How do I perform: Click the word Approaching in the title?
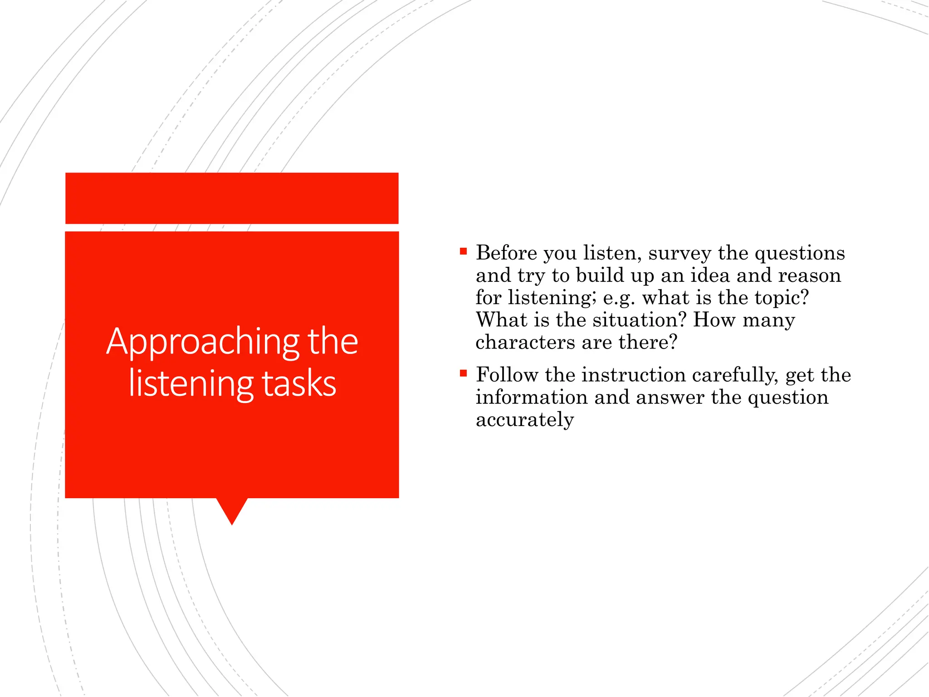pyautogui.click(x=203, y=342)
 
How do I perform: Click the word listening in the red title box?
pyautogui.click(x=191, y=384)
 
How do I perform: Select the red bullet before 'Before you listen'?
pyautogui.click(x=463, y=251)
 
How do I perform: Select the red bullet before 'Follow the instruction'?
pyautogui.click(x=463, y=373)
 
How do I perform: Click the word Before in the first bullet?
pyautogui.click(x=506, y=253)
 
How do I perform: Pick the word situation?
pyautogui.click(x=639, y=320)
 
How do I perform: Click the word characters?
pyautogui.click(x=525, y=343)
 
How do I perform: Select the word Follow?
pyautogui.click(x=507, y=375)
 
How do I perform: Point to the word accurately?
pyautogui.click(x=524, y=420)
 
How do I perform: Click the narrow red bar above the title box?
pyautogui.click(x=232, y=198)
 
